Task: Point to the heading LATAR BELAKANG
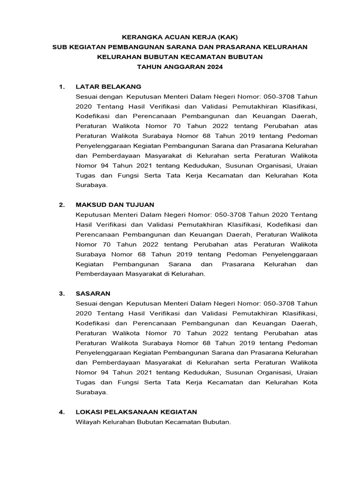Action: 108,87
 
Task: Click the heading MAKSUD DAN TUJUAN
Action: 114,205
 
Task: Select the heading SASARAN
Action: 93,293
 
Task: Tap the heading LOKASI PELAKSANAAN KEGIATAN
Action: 136,412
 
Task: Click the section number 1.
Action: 61,87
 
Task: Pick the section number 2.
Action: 61,205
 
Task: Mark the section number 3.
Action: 61,293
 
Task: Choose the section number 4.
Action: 61,412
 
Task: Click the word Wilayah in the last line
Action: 88,422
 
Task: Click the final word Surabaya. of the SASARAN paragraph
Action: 91,392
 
